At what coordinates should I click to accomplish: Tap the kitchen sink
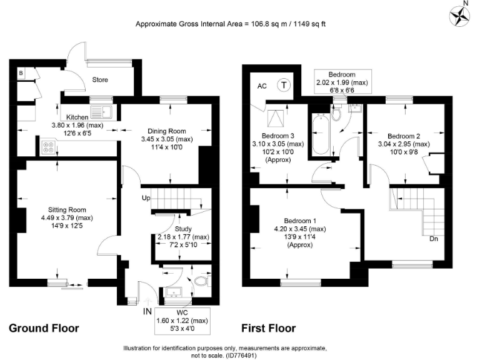pos(102,112)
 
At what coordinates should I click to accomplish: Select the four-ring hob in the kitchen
pos(48,147)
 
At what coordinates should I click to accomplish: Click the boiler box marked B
pos(21,74)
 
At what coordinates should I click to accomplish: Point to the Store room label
pos(100,80)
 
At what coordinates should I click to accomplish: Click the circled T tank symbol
pos(284,85)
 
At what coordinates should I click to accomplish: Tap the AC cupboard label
pos(262,86)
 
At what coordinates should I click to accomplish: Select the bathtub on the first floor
pos(321,134)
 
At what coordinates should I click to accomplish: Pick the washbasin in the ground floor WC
pos(174,292)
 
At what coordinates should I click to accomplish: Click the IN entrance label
pos(147,311)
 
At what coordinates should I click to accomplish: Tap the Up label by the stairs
pos(146,198)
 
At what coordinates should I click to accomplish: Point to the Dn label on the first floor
pos(434,239)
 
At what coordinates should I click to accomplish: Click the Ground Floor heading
pos(44,328)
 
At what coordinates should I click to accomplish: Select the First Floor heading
pos(269,328)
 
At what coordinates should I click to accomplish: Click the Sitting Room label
pos(67,210)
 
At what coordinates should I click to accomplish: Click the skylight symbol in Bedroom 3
pos(276,119)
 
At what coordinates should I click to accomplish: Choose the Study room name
pos(183,229)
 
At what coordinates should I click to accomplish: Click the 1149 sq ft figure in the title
pos(309,24)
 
